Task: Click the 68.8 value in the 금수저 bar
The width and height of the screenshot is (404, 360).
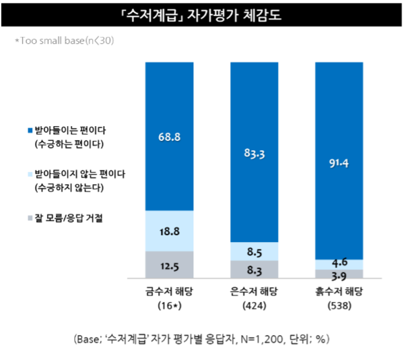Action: coord(169,137)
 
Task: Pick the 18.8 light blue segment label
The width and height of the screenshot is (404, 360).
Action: coord(169,231)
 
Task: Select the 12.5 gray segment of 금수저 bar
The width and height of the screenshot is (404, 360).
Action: coord(169,265)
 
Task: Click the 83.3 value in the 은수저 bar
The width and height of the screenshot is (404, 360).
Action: coord(255,154)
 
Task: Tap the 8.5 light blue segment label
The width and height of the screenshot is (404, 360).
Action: coord(255,251)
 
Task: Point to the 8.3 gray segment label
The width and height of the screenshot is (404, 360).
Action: coord(255,270)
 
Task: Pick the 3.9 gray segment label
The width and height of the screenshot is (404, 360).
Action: coord(339,274)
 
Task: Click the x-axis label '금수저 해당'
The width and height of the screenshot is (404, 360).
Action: coord(169,291)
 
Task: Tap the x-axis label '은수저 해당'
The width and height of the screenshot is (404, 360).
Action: coord(255,291)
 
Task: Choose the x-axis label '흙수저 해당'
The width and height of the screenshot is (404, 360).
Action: coord(339,291)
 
